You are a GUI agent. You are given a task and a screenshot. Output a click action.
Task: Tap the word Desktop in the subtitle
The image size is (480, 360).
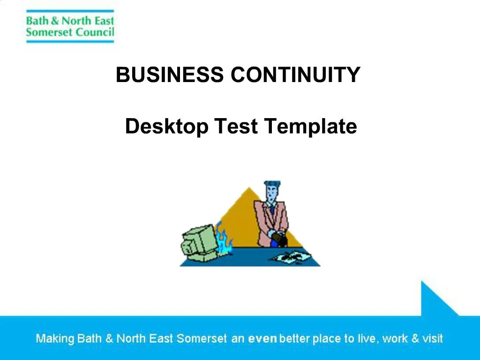[x=166, y=127]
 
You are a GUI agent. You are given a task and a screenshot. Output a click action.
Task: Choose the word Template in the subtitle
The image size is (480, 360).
[x=310, y=127]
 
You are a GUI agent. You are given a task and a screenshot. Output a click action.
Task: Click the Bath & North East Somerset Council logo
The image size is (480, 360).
[x=70, y=26]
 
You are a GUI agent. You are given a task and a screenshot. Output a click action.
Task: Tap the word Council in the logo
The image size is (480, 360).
[x=95, y=32]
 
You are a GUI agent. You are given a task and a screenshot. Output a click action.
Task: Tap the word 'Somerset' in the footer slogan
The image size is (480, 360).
[x=202, y=338]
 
